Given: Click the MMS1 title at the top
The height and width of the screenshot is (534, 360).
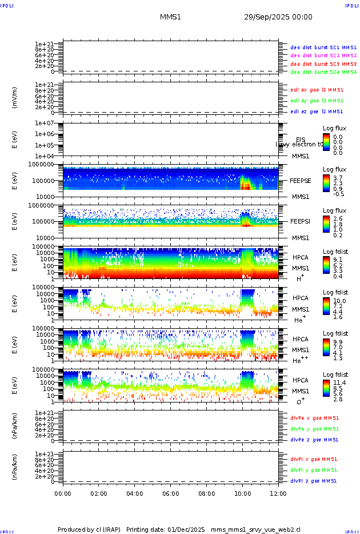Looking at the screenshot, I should pyautogui.click(x=170, y=17).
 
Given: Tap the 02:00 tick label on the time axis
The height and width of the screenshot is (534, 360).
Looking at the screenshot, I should pyautogui.click(x=99, y=493).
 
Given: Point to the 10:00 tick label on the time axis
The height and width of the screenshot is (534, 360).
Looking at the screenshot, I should pyautogui.click(x=242, y=493).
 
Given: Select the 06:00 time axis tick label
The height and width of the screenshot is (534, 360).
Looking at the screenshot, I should pyautogui.click(x=170, y=493).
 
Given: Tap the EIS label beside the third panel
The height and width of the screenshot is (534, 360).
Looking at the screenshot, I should pyautogui.click(x=301, y=140).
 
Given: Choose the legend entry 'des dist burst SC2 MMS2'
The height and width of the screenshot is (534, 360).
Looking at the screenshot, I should pyautogui.click(x=323, y=55).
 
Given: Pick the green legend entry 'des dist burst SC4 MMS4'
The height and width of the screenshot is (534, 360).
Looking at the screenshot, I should pyautogui.click(x=323, y=73).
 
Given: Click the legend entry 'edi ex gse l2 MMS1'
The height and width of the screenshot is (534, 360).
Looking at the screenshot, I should pyautogui.click(x=317, y=90).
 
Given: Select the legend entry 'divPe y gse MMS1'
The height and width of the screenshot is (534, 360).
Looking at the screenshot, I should pyautogui.click(x=314, y=429).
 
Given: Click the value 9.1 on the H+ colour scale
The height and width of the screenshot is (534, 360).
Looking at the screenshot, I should pyautogui.click(x=338, y=258).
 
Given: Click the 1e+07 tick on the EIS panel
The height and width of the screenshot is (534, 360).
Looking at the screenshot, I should pyautogui.click(x=44, y=123).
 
